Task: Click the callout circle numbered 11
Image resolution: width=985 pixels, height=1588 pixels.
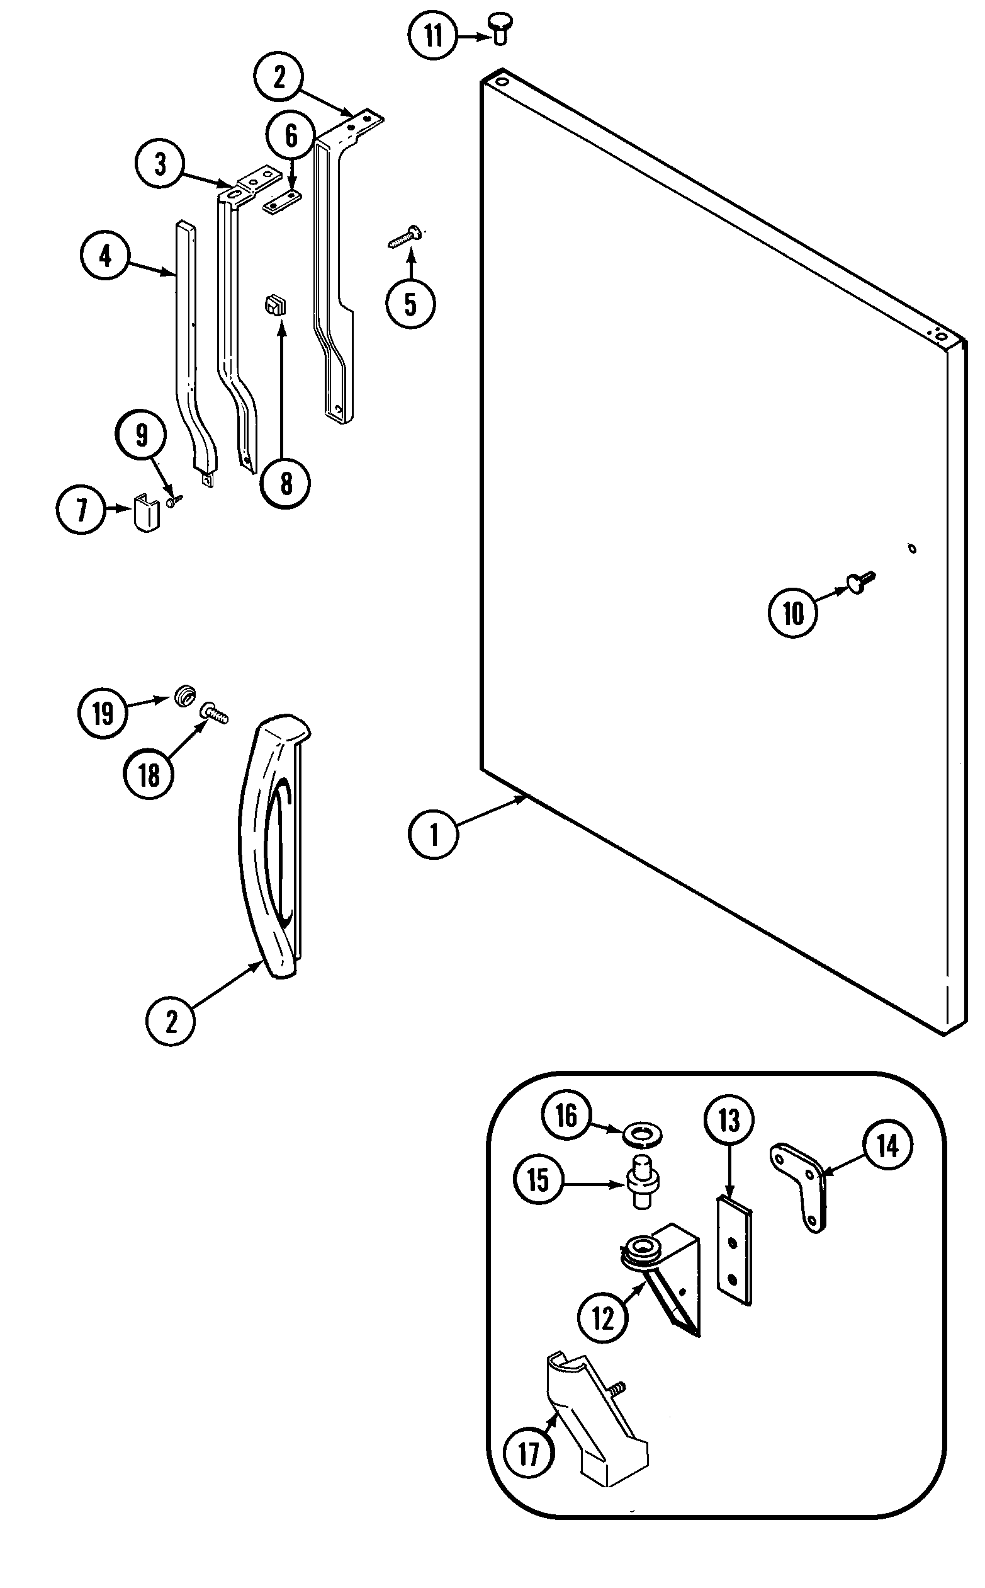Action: tap(433, 35)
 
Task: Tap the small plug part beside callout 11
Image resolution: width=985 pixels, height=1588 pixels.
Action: tap(500, 30)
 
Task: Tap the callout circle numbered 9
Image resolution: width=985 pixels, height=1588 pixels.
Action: tap(142, 435)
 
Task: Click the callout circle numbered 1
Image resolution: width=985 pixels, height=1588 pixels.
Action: tap(434, 835)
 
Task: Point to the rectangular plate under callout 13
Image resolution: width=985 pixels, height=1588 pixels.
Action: tap(735, 1250)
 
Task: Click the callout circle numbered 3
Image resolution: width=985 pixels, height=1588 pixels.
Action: tap(160, 164)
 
